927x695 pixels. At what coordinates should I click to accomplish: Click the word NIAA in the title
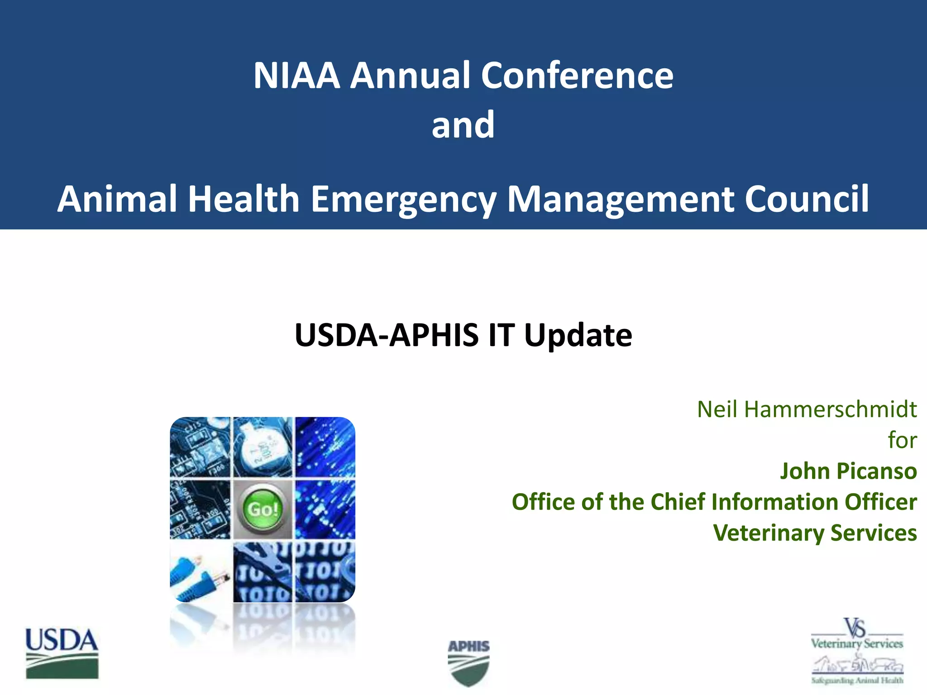tap(296, 76)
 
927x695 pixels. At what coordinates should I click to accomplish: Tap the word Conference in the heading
tap(577, 76)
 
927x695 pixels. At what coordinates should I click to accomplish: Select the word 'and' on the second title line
tap(463, 125)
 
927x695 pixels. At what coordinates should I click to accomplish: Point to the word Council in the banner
tap(807, 199)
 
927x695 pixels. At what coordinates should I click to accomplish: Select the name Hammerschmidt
tap(830, 409)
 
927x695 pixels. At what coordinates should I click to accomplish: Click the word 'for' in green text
tap(902, 440)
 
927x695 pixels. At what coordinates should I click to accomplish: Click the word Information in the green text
tap(774, 502)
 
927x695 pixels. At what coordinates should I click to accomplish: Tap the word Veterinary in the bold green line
tap(768, 533)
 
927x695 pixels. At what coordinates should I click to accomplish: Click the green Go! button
tap(263, 509)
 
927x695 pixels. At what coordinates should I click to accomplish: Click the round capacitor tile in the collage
tap(263, 447)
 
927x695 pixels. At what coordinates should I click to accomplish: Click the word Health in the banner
tap(243, 199)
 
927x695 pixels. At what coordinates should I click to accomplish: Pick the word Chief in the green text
tap(677, 502)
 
